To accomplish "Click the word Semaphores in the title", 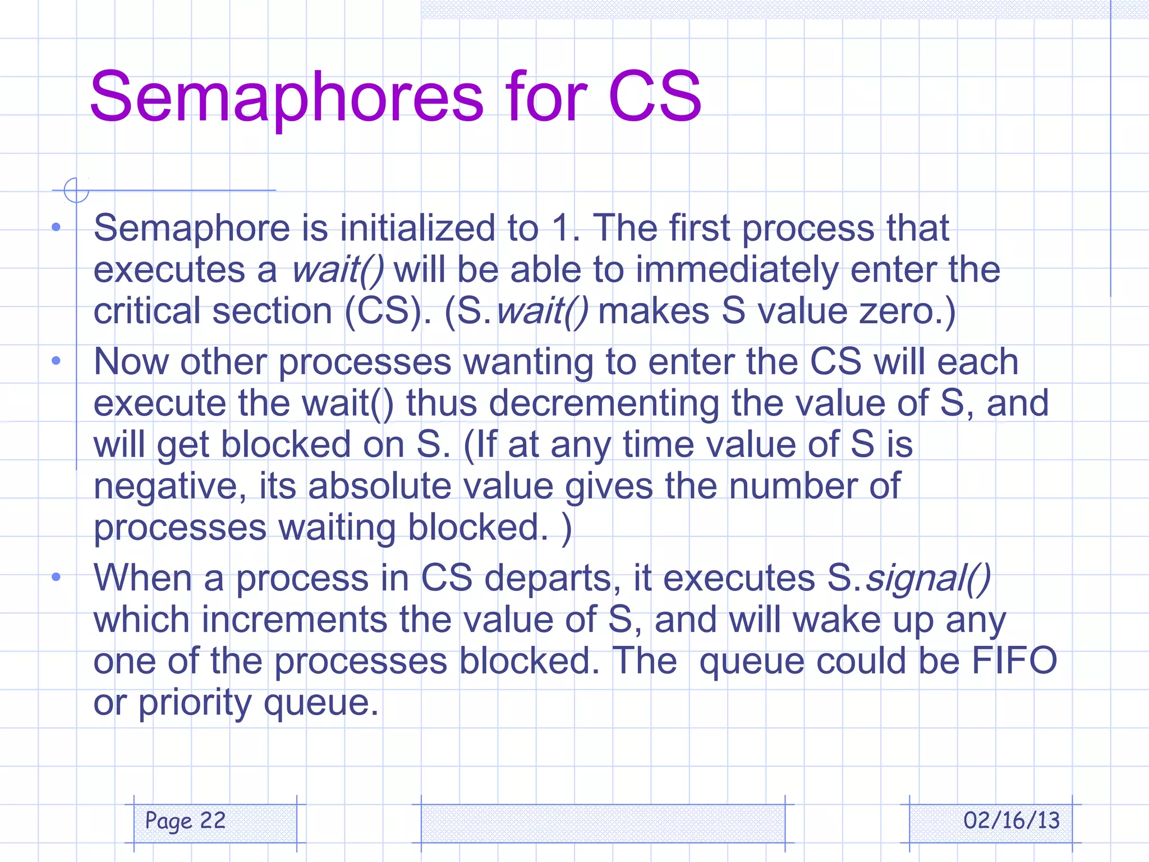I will pyautogui.click(x=286, y=97).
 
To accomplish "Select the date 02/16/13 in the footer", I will pyautogui.click(x=1012, y=820).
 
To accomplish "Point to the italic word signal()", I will pyautogui.click(x=928, y=578).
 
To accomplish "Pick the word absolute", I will pyautogui.click(x=379, y=486).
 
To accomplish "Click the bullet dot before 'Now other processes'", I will pyautogui.click(x=56, y=361).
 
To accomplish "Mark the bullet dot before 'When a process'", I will pyautogui.click(x=56, y=577).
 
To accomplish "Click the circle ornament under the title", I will pyautogui.click(x=76, y=190).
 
